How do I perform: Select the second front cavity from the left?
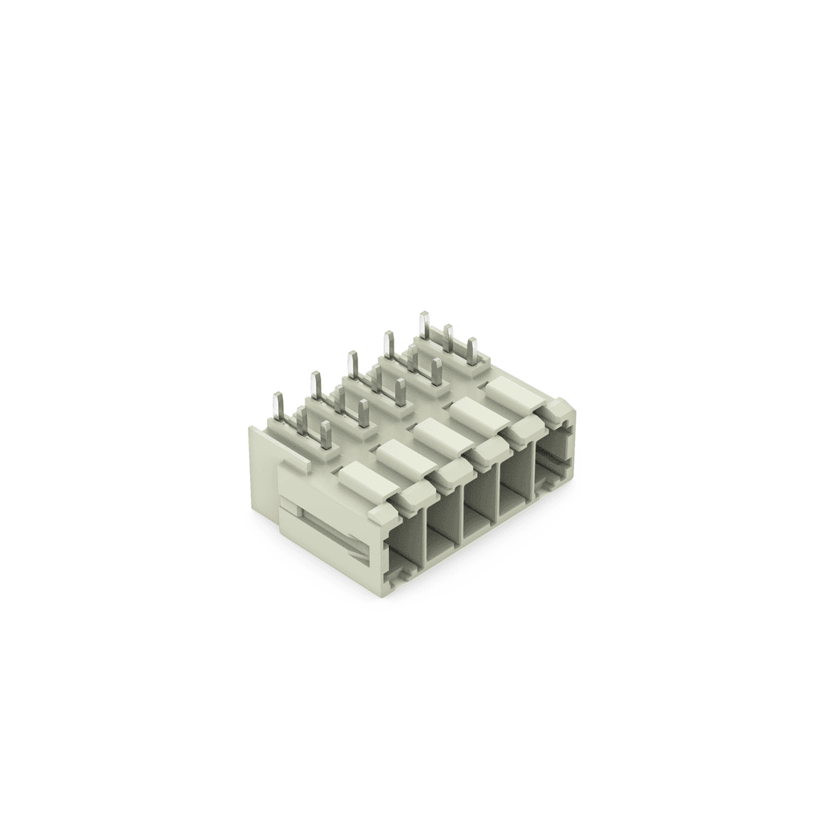tap(443, 533)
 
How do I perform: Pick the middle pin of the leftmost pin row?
tap(302, 421)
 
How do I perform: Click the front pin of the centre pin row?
tap(399, 393)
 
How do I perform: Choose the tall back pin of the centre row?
tap(351, 366)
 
